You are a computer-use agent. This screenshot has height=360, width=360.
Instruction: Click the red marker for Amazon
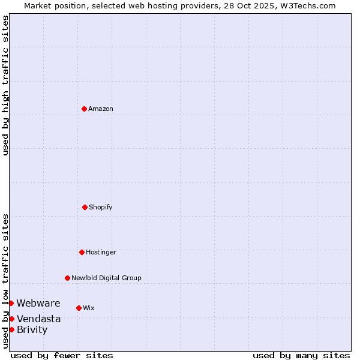(x=84, y=109)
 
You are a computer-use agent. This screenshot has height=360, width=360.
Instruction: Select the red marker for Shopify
(x=85, y=207)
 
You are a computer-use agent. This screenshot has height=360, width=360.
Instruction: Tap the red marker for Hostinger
(x=82, y=252)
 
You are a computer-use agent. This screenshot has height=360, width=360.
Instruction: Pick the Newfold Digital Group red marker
(x=67, y=278)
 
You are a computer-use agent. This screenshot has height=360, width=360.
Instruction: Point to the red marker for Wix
(x=79, y=308)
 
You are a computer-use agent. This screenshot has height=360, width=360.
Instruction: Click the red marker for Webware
(x=11, y=303)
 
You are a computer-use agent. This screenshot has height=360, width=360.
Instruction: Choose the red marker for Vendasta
(x=11, y=319)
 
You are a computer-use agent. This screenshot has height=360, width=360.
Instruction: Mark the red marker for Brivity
(x=11, y=329)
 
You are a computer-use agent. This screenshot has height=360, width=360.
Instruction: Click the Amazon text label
(x=101, y=109)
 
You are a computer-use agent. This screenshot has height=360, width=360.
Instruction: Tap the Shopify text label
(x=101, y=207)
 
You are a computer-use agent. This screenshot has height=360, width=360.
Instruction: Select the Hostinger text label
(x=101, y=252)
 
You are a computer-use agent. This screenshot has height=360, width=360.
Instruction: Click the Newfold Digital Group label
(x=106, y=278)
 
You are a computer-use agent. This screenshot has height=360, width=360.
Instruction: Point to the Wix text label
(x=89, y=308)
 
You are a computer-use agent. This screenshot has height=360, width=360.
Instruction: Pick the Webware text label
(x=38, y=303)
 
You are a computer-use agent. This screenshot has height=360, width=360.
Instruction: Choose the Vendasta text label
(x=38, y=319)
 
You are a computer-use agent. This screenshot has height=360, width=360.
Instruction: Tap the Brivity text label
(x=32, y=329)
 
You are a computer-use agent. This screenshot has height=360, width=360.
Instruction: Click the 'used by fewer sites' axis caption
(x=62, y=355)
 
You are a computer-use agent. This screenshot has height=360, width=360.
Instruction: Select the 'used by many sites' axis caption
(x=301, y=355)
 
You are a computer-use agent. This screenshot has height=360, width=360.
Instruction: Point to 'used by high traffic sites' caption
(x=5, y=85)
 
